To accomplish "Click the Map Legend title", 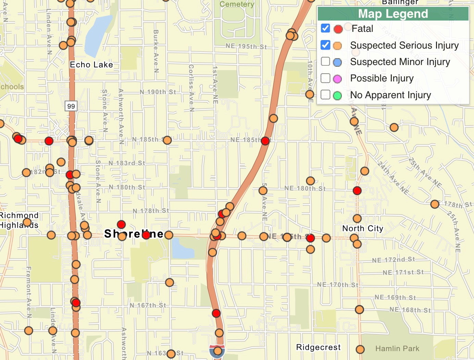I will pyautogui.click(x=393, y=14).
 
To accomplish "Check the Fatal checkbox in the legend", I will pyautogui.click(x=325, y=28).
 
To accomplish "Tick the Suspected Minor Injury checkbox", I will pyautogui.click(x=325, y=62).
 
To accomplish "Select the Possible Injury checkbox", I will pyautogui.click(x=325, y=78).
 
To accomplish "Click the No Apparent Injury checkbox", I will pyautogui.click(x=325, y=94).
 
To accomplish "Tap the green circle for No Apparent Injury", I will pyautogui.click(x=337, y=95).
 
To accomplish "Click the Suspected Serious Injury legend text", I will pyautogui.click(x=404, y=45).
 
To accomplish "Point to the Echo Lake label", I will pyautogui.click(x=91, y=65).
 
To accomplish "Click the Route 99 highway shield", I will pyautogui.click(x=71, y=106).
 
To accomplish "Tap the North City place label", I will pyautogui.click(x=363, y=228).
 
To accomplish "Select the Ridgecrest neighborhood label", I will pyautogui.click(x=318, y=347).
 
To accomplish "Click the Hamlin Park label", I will pyautogui.click(x=397, y=348).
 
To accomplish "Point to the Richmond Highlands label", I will pyautogui.click(x=19, y=220).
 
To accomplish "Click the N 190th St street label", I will pyautogui.click(x=158, y=92).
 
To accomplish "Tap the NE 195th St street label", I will pyautogui.click(x=246, y=46).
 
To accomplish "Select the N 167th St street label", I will pyautogui.click(x=148, y=305).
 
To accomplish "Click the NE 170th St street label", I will pyautogui.click(x=337, y=284).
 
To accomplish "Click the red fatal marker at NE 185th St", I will pyautogui.click(x=265, y=141).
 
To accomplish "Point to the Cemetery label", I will pyautogui.click(x=237, y=4).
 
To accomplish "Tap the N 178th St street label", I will pyautogui.click(x=151, y=211).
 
